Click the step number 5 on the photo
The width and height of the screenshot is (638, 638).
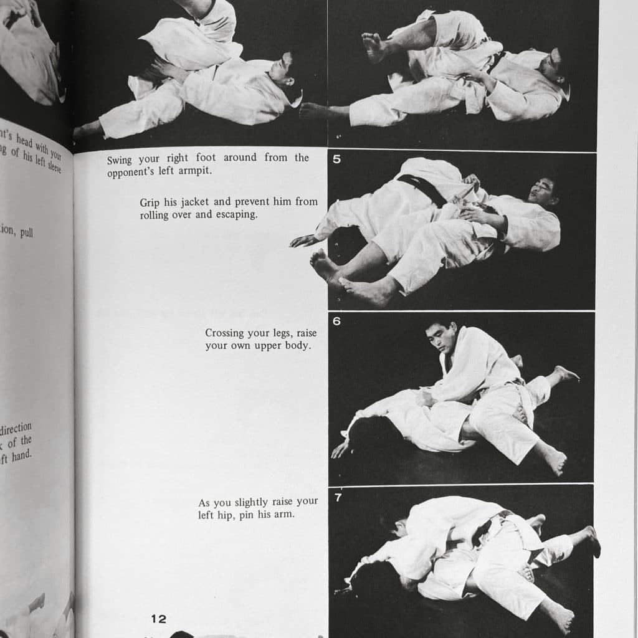[337, 159]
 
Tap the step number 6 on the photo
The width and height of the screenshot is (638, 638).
[337, 321]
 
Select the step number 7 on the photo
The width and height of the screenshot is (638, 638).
[337, 498]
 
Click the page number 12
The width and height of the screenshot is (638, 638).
[159, 619]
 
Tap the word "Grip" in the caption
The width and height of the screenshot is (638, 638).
[151, 202]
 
